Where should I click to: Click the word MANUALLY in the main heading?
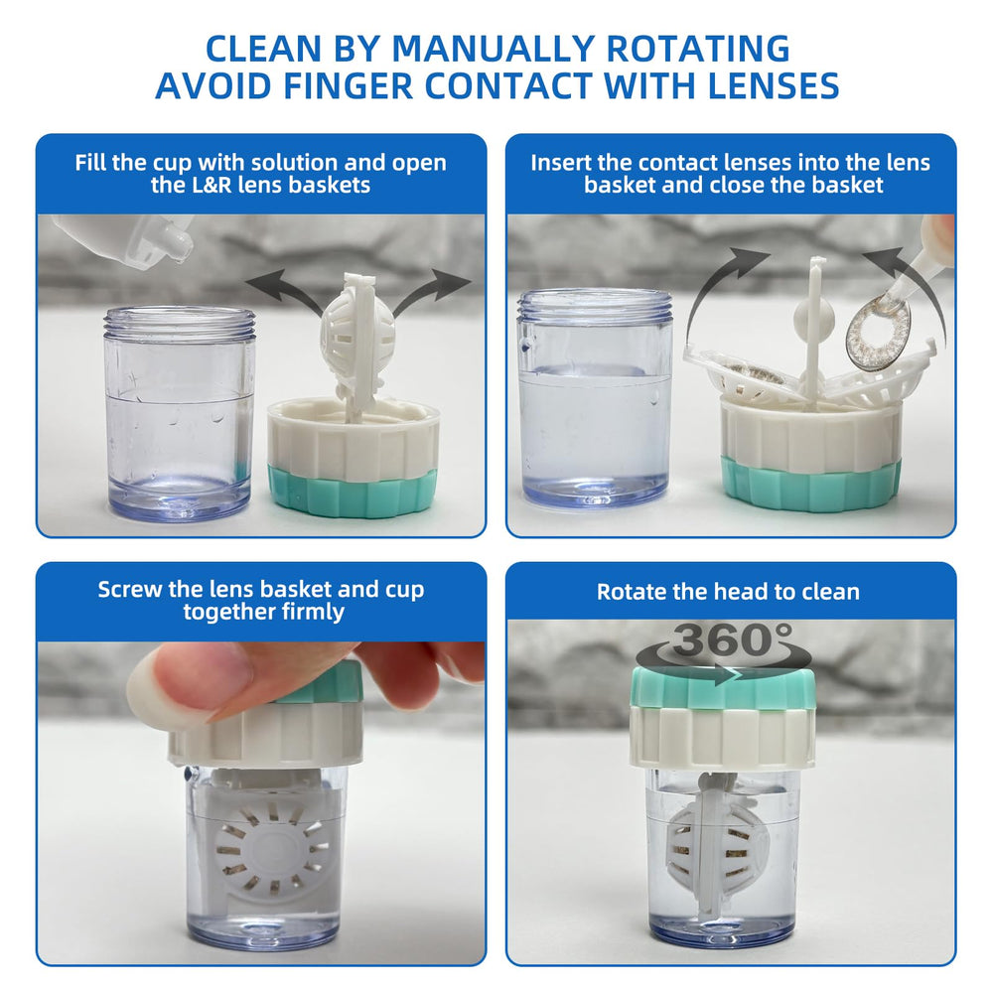coord(494,48)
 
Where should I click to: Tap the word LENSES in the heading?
coord(773,85)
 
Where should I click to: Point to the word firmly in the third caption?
coord(313,612)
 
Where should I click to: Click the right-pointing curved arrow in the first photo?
coord(431,291)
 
